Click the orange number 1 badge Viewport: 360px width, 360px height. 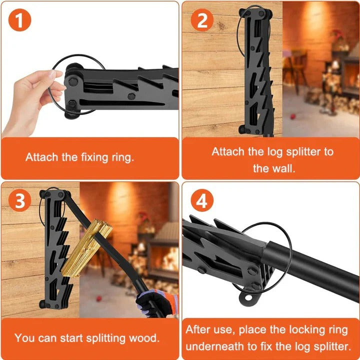[x=20, y=20]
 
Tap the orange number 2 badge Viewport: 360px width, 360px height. [x=202, y=20]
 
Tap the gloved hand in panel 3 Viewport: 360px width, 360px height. [x=157, y=303]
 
